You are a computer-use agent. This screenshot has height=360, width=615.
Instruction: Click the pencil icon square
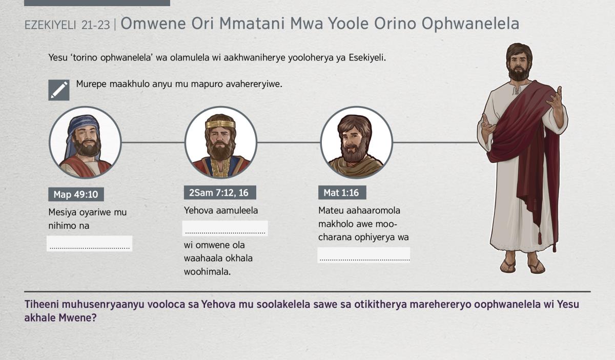(59, 90)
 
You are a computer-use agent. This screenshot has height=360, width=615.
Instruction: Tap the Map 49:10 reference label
(76, 194)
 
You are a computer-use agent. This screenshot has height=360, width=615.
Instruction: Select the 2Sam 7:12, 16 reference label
(220, 193)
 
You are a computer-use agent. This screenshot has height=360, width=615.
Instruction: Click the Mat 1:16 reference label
(342, 193)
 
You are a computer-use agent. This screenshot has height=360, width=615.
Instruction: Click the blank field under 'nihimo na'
(90, 243)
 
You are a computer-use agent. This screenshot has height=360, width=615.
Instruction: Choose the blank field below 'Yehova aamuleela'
(225, 228)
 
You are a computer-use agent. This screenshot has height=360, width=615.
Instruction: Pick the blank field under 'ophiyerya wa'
(364, 255)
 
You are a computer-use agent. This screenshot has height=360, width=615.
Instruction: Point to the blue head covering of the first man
(83, 129)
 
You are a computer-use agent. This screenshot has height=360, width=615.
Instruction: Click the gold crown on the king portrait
(220, 124)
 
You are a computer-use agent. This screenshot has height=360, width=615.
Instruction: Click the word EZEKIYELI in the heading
(50, 25)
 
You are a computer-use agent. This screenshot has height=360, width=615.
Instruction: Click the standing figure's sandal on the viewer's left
(508, 266)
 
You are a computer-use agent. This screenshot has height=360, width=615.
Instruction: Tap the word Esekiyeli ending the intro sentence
(367, 58)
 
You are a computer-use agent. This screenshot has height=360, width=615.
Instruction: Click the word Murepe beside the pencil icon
(91, 84)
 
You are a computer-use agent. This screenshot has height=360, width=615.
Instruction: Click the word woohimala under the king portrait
(207, 271)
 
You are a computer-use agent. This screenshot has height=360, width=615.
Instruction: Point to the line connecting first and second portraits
(153, 142)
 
